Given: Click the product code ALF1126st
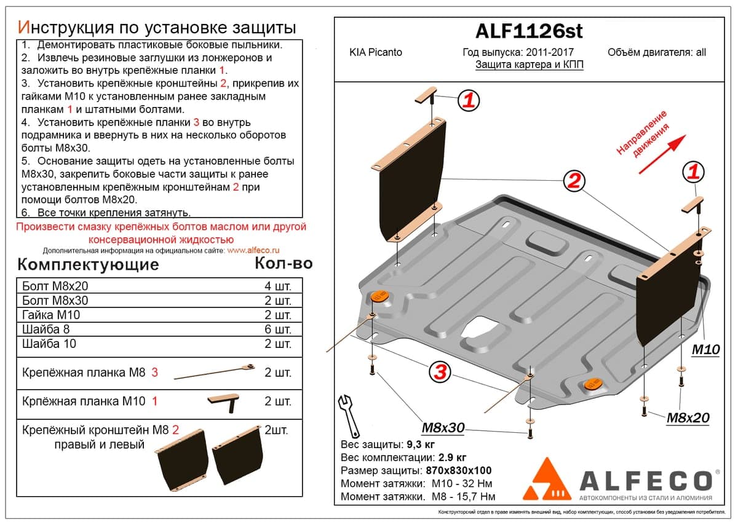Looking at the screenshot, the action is coord(529,31).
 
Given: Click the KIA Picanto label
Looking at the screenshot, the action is coord(376,52).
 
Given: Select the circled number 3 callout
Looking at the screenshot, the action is coord(440,373).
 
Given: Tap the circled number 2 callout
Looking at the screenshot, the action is coord(574,181).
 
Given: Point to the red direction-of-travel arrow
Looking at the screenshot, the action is coord(662,154).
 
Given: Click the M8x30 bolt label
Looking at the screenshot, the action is coord(443,427).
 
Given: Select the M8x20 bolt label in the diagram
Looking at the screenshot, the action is coord(688,417).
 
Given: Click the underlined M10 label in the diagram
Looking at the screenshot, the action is coord(706,349).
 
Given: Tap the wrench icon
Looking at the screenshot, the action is coord(349,416).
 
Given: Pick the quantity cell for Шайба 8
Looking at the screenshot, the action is coord(278,329).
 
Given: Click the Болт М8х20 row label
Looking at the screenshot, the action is coord(55,286).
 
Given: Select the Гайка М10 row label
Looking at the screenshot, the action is coord(51,315).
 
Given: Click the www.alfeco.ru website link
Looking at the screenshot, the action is coord(253,251).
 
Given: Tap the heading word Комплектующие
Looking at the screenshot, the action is coord(88,265).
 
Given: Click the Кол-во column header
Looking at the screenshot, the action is coord(284,264).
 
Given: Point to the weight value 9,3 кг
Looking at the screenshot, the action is coord(421,444).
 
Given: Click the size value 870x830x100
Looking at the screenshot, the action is coord(459,470).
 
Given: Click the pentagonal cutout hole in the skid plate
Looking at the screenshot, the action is coord(480,328).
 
